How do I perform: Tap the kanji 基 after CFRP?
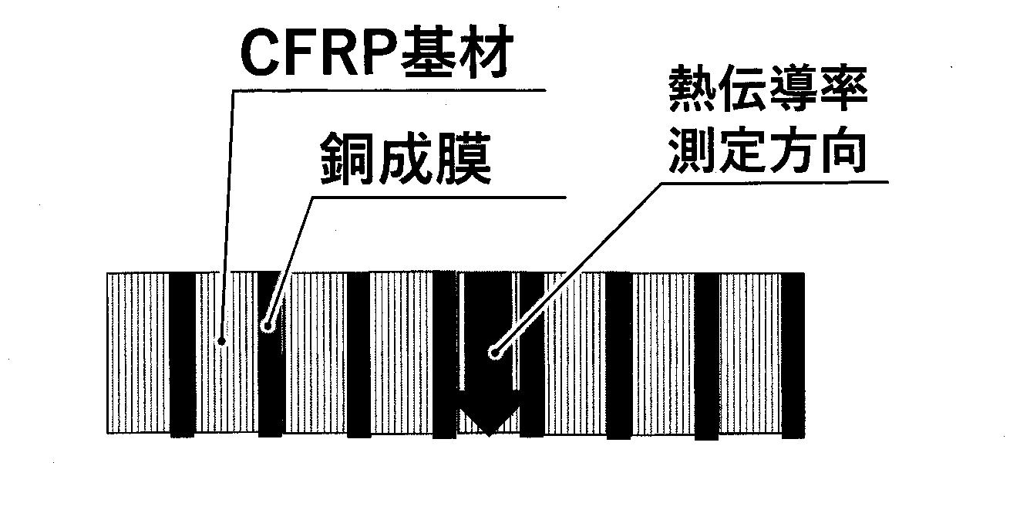[426, 52]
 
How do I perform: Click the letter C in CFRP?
[261, 54]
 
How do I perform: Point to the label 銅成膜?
[406, 158]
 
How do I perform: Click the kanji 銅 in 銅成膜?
[348, 158]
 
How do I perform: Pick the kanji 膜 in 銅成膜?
[463, 158]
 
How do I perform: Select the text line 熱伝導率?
[767, 89]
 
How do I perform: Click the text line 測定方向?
[767, 149]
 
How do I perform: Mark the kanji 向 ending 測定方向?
[843, 149]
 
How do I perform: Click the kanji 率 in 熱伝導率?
[843, 89]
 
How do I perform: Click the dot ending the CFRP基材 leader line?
[222, 340]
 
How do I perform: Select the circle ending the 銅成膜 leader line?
[268, 326]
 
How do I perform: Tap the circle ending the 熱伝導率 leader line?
[494, 353]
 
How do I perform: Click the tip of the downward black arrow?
[488, 436]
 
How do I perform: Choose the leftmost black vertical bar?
[182, 355]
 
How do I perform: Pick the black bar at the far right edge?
[793, 356]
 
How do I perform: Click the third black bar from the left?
[359, 355]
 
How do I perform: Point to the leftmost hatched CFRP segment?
[139, 353]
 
